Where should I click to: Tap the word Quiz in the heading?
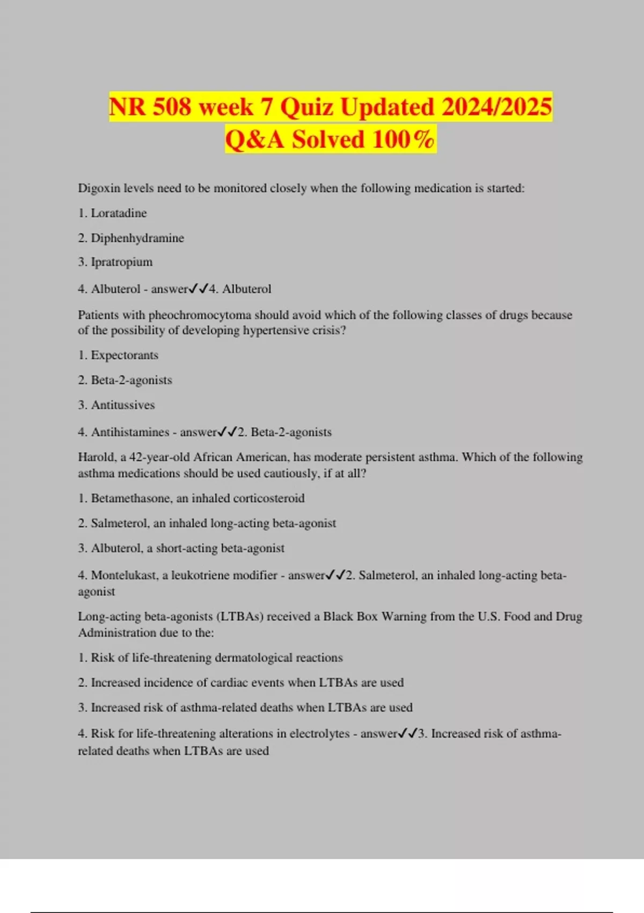pos(308,106)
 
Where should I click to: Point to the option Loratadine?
pos(119,213)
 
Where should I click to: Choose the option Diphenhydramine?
pos(137,238)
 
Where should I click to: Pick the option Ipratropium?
pos(122,262)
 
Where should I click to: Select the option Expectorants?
pos(125,356)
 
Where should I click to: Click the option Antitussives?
pos(123,405)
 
